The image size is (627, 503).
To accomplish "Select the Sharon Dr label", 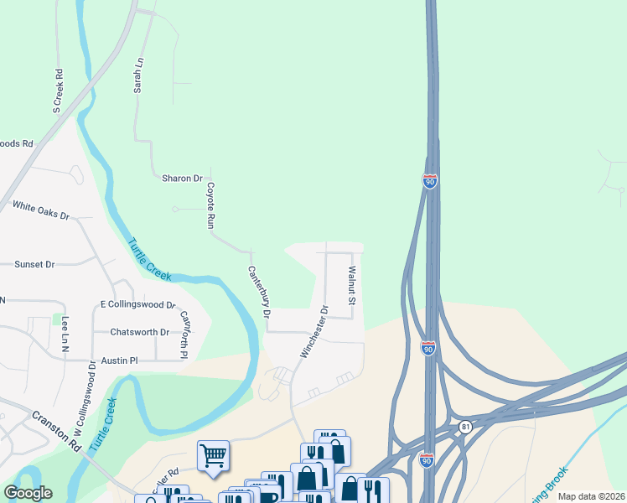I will (x=182, y=179).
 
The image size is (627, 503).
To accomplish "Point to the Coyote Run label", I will (x=211, y=206).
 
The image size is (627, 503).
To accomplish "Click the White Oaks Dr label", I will (x=40, y=210).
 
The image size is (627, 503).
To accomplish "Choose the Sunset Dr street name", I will (x=34, y=264).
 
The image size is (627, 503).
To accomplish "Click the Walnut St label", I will (x=352, y=286).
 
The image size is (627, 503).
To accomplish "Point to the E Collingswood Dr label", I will (x=137, y=304).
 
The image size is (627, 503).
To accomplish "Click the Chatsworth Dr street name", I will (x=140, y=332).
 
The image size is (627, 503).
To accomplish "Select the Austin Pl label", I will (x=119, y=360).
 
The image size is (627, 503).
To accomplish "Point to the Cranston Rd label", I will (x=57, y=430).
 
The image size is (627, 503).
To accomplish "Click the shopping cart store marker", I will (x=213, y=457).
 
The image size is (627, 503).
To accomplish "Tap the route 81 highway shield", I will (x=465, y=428).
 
